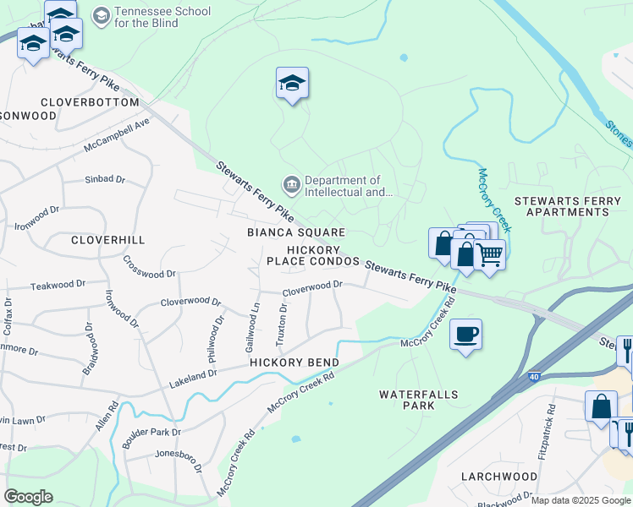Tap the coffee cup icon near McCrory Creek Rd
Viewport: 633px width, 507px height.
pos(465,335)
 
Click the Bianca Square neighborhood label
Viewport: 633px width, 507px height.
pos(296,232)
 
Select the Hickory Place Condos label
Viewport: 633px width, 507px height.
pos(313,255)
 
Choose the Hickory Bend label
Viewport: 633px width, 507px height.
pos(294,363)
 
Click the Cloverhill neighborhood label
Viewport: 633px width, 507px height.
pos(107,240)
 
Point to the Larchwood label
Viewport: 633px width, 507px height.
pos(499,477)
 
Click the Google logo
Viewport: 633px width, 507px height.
pos(28,497)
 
